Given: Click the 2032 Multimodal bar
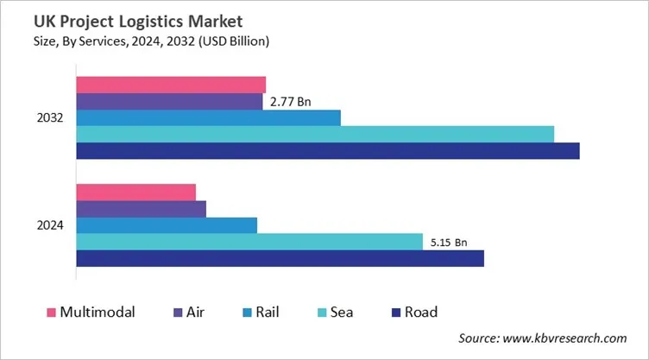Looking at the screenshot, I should (x=171, y=85).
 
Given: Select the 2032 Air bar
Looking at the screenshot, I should (x=169, y=101).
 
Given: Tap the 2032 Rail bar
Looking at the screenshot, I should (x=208, y=117).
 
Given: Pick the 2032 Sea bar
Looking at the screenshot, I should (x=315, y=134).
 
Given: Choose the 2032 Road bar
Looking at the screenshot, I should (x=328, y=151).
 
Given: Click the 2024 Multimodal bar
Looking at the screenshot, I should (x=136, y=192).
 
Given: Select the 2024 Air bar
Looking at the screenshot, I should (x=142, y=209).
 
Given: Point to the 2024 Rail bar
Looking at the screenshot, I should (x=167, y=225).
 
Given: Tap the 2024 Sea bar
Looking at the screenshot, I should (x=249, y=242).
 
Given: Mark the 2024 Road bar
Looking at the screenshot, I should (x=280, y=258).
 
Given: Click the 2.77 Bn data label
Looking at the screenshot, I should (x=290, y=102).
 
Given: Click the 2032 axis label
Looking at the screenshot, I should (x=49, y=118).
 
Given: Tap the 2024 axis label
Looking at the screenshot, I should (x=49, y=225).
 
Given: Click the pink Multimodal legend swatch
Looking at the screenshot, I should (x=51, y=312).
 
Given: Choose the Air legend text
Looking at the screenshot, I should (x=196, y=312).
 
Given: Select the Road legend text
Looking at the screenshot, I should (x=420, y=312).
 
